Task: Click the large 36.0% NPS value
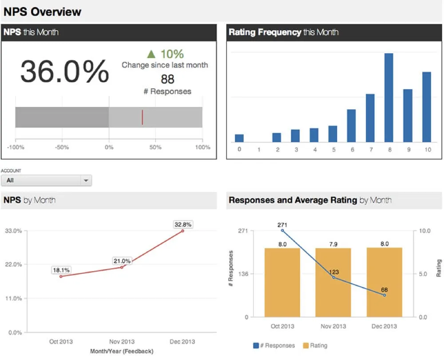65,71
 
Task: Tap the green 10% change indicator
165,54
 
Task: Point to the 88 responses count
167,80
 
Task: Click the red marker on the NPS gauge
142,117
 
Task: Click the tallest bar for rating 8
389,97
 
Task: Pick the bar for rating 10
427,107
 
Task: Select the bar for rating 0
239,138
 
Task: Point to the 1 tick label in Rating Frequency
258,150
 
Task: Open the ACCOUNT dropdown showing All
46,180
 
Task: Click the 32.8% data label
182,224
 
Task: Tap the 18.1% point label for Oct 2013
61,270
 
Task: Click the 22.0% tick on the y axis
13,264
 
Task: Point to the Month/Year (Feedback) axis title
122,351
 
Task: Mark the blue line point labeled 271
282,231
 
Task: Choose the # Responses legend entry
274,345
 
